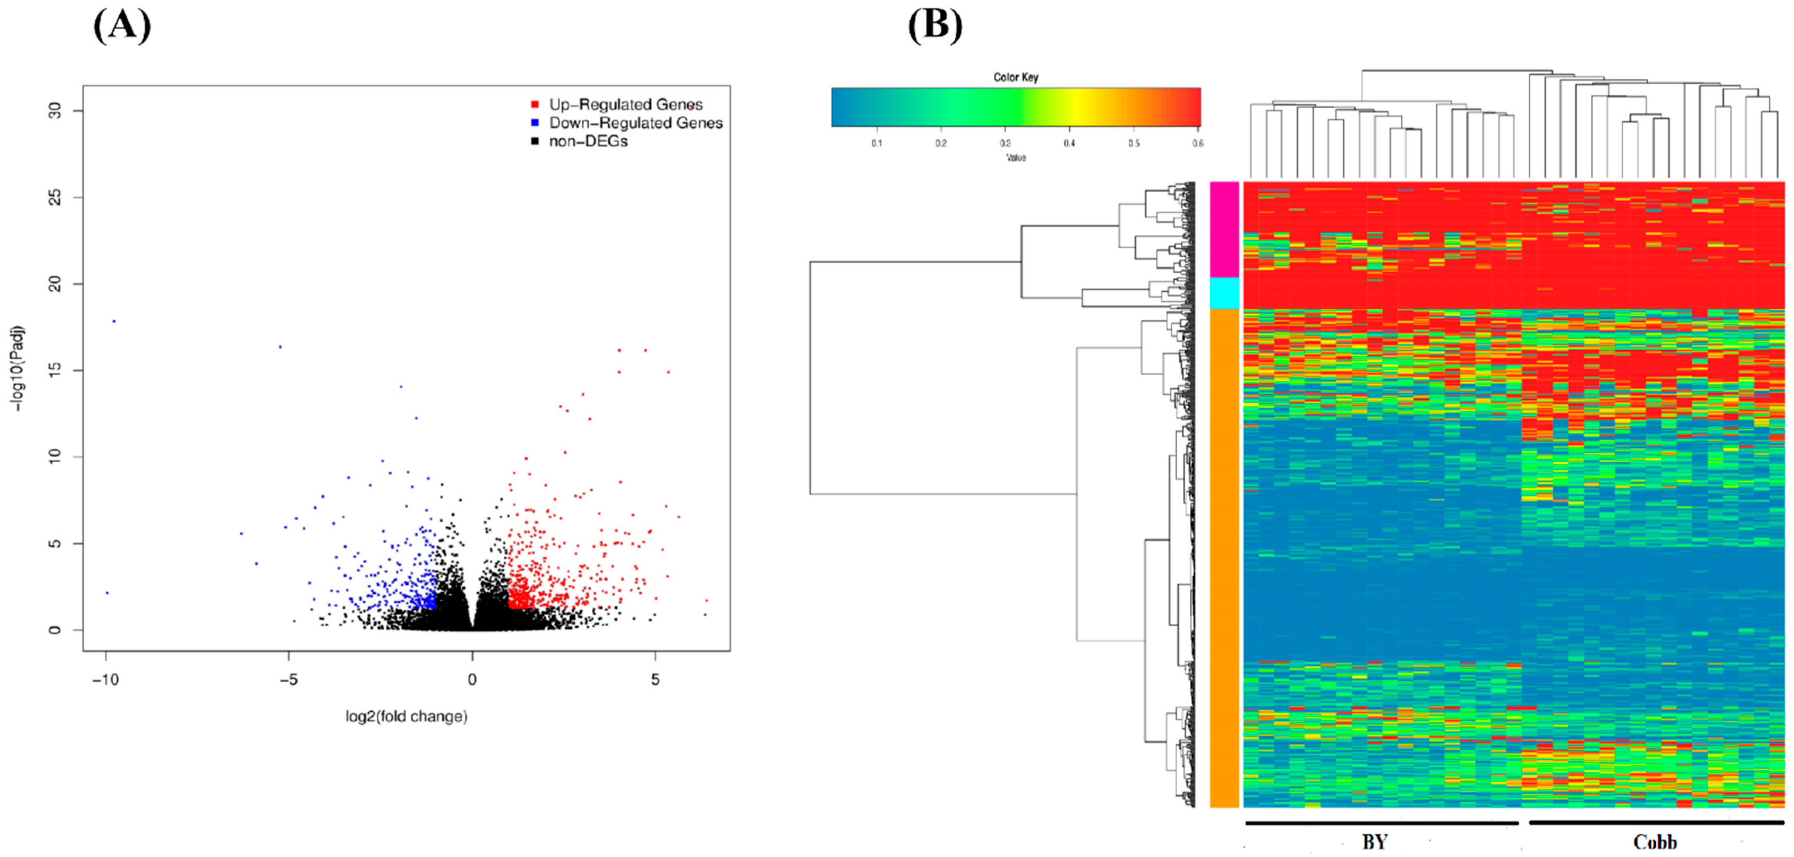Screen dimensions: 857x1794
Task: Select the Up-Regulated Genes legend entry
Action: click(625, 105)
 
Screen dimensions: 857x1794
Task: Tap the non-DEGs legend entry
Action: click(588, 142)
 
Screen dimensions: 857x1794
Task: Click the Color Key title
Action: click(1015, 77)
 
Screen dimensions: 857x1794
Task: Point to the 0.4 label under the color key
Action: click(1069, 144)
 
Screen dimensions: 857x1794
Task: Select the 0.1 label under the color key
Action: click(876, 144)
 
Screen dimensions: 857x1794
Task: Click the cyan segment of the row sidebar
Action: click(1224, 293)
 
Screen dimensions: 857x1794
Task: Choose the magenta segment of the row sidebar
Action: click(1224, 230)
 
